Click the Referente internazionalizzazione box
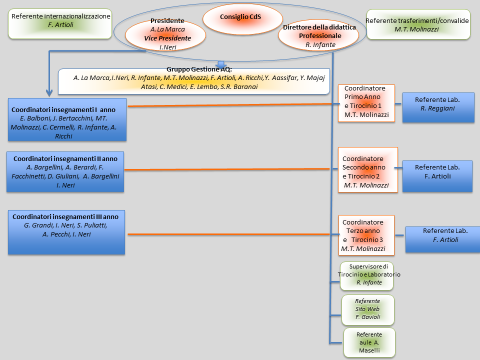coord(60,23)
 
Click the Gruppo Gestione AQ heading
coord(199,69)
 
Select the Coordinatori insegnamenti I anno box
coord(67,120)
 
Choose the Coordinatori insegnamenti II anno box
coord(65,171)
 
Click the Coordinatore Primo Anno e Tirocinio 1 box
coord(366,103)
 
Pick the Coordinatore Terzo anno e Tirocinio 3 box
coord(366,235)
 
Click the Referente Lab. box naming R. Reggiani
coord(438,107)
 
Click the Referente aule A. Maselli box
coord(369,342)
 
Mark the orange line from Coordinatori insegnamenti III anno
coord(230,234)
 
